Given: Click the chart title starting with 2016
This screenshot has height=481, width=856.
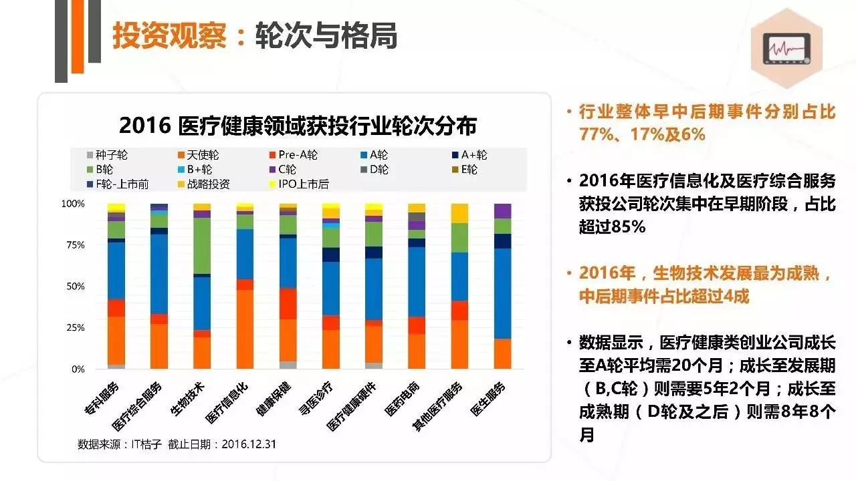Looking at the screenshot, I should (x=298, y=125).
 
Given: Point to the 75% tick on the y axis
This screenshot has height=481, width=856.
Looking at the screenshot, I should (x=73, y=245).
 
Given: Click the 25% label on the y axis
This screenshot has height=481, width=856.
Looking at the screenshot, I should (x=73, y=327).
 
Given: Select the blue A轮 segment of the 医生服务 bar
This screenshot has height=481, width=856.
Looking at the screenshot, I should (x=503, y=294).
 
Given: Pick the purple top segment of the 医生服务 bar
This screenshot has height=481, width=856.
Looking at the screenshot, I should (x=503, y=210).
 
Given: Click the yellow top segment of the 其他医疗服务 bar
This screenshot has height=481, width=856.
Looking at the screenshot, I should (x=459, y=213).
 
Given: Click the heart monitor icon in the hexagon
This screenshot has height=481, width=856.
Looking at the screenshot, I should (x=786, y=50).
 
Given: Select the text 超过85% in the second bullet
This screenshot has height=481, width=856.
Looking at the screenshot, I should (x=612, y=226).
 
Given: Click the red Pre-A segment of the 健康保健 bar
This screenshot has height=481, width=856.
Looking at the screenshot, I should (x=288, y=304).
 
